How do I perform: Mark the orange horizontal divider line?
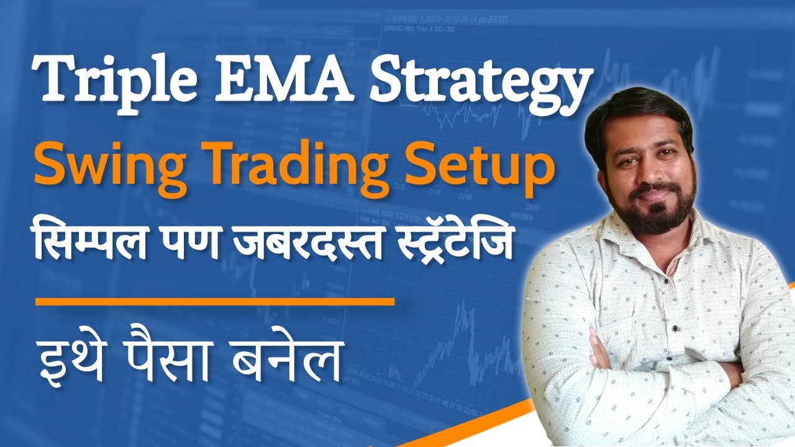click(215, 302)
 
